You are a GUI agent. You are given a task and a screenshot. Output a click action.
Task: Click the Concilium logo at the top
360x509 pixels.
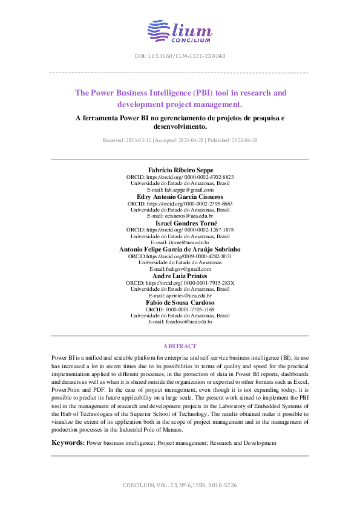tap(180, 31)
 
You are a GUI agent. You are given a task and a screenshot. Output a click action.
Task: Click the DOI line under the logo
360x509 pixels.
tap(180, 56)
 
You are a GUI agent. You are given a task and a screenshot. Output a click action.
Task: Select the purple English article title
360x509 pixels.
tap(180, 99)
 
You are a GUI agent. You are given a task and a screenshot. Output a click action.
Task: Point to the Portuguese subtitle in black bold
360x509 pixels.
tap(180, 123)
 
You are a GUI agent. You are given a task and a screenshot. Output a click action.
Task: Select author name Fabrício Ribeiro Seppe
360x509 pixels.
tap(180, 170)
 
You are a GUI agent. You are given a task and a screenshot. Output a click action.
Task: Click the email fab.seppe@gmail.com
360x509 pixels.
tap(180, 190)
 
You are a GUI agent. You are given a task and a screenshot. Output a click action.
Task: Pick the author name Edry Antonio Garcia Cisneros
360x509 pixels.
tap(180, 197)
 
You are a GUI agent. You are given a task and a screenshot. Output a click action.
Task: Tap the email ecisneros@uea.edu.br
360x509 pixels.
tap(180, 216)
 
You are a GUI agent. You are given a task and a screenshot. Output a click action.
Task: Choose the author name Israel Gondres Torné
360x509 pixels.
tap(180, 223)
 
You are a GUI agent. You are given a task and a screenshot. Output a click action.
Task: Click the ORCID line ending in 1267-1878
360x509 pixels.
tap(180, 230)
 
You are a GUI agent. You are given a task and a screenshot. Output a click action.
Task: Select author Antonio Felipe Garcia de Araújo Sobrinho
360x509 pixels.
tap(180, 249)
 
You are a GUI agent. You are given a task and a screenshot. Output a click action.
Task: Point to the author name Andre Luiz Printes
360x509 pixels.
tap(180, 276)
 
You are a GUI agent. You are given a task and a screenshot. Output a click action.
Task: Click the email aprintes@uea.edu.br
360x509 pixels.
tap(180, 296)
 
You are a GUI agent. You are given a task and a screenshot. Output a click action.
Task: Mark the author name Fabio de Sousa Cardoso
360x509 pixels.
tap(180, 302)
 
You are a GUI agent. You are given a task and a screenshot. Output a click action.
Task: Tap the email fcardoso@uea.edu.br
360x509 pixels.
tap(180, 322)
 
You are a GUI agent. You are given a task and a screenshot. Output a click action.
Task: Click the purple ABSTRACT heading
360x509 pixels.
tap(180, 346)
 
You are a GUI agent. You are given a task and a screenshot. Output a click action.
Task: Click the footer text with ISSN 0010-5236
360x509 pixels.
tap(180, 485)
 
